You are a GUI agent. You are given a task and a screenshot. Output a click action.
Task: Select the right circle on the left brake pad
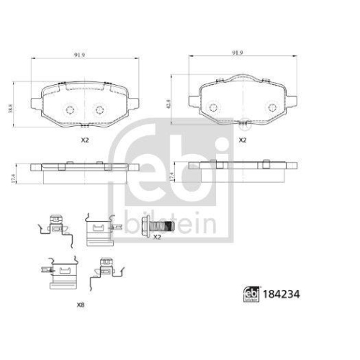tap(100, 110)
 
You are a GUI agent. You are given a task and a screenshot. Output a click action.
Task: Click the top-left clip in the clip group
tap(52, 228)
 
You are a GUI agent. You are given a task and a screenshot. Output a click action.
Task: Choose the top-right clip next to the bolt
tap(99, 230)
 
